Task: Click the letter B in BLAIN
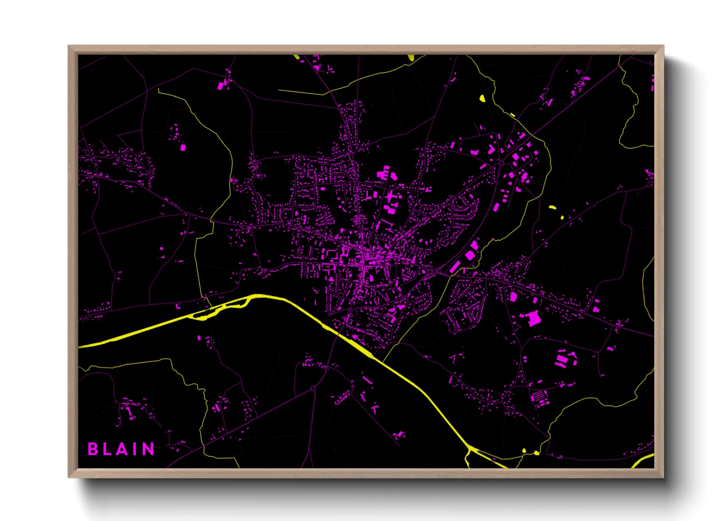(x=92, y=449)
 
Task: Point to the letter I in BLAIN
(x=136, y=449)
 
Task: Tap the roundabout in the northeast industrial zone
(x=501, y=163)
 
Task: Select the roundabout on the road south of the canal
(x=313, y=389)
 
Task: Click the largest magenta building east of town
(x=533, y=318)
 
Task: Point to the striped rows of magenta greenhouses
(x=540, y=397)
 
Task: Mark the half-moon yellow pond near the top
(x=482, y=98)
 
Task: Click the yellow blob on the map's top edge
(x=411, y=58)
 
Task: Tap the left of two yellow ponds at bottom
(x=524, y=451)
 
